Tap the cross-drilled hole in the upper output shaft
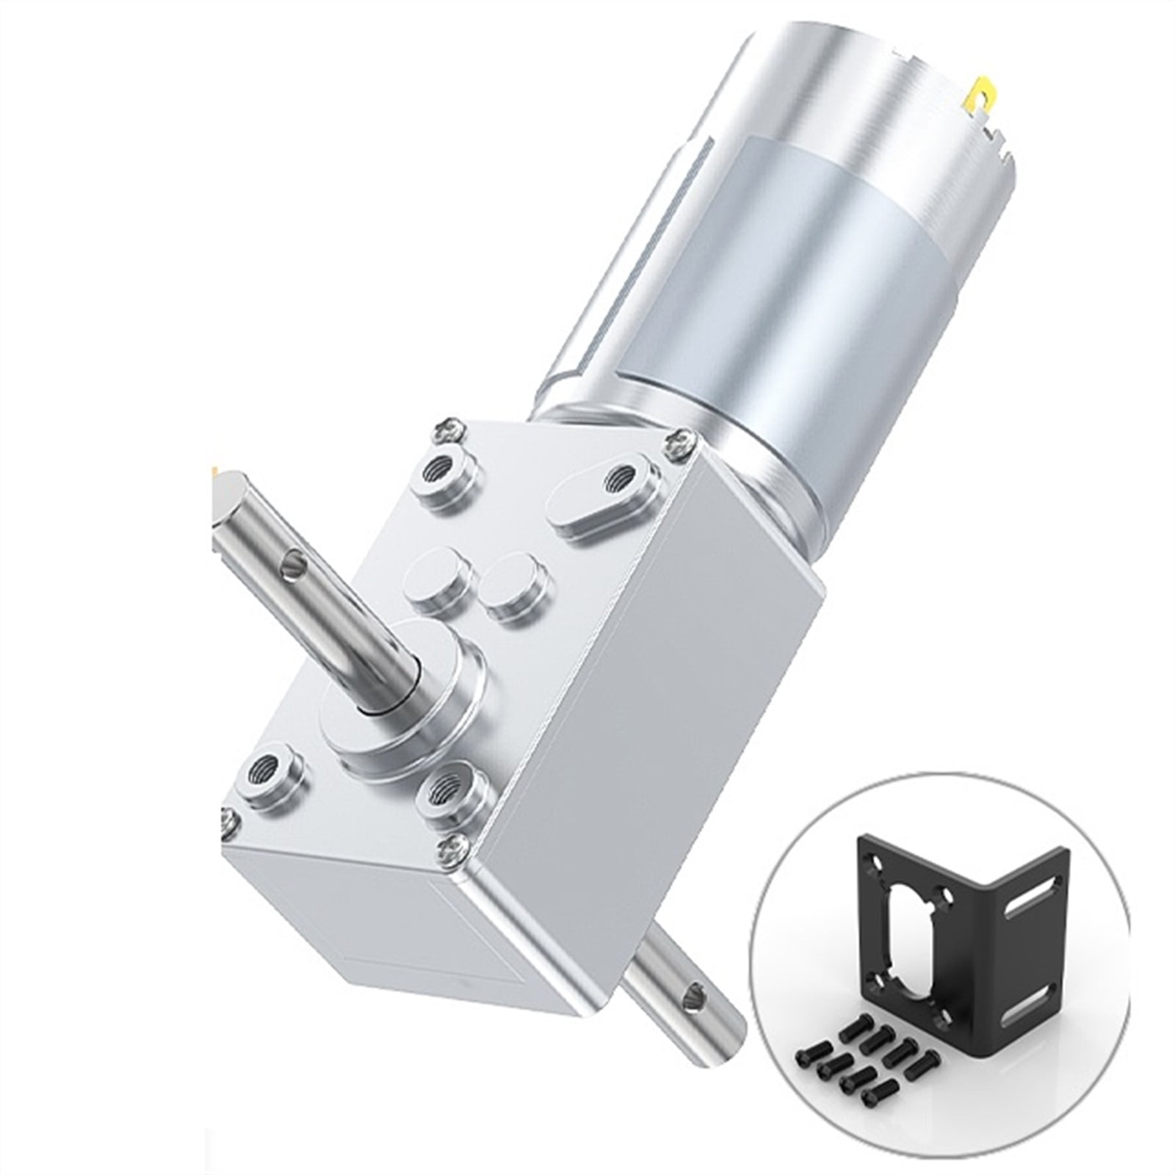(x=297, y=565)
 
